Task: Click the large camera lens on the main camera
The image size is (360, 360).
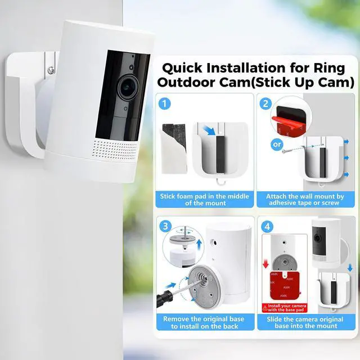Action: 128,88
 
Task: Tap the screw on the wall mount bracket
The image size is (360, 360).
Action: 51,70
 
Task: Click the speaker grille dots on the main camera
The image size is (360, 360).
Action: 115,150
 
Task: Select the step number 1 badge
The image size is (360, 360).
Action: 164,103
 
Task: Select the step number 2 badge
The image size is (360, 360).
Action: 265,103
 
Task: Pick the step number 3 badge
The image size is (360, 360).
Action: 165,226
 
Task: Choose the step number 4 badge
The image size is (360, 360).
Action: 267,227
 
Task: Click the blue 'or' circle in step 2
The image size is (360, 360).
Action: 277,145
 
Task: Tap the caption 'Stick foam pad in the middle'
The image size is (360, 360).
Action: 204,196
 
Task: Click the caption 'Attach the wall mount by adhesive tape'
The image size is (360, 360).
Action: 305,200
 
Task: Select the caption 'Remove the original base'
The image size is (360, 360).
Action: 204,319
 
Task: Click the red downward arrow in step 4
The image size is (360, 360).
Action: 265,264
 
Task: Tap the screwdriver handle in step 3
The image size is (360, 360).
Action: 164,299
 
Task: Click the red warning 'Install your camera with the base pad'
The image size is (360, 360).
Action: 285,308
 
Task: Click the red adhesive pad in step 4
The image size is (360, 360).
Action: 285,285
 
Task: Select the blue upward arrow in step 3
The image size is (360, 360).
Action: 199,245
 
